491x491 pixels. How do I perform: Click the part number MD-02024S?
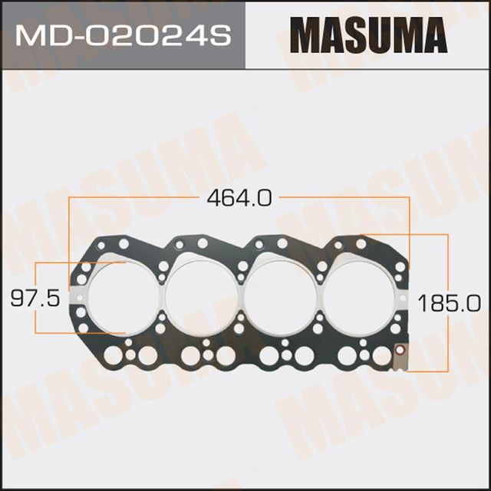pyautogui.click(x=124, y=36)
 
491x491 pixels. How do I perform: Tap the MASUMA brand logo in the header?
pyautogui.click(x=367, y=35)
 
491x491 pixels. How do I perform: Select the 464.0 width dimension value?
pyautogui.click(x=239, y=198)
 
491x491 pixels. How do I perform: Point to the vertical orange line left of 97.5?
pyautogui.click(x=37, y=298)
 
